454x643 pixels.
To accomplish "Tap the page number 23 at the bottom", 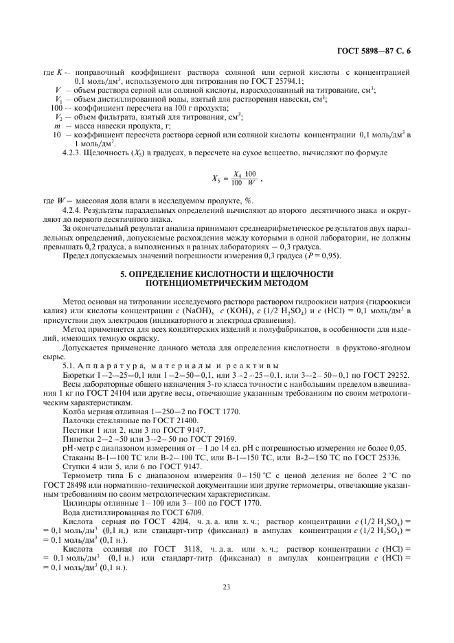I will [x=226, y=586].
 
